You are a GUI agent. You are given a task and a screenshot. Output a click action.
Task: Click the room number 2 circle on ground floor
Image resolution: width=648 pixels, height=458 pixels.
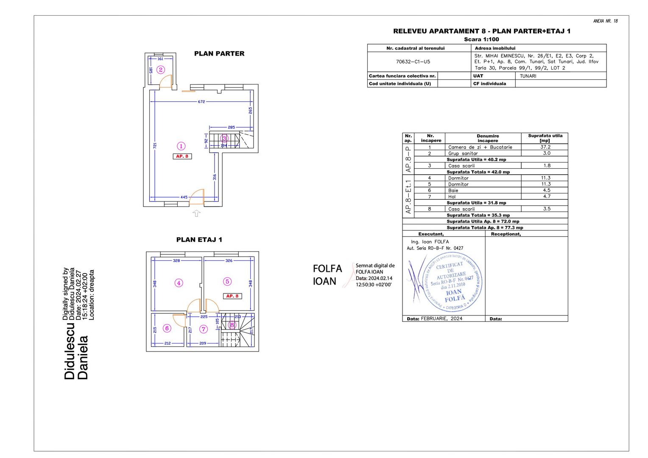[x=160, y=70]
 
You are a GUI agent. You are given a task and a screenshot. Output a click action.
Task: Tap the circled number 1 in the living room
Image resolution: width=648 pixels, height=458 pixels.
[x=181, y=146]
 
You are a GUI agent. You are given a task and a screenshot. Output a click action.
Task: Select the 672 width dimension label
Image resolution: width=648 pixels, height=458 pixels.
[x=201, y=102]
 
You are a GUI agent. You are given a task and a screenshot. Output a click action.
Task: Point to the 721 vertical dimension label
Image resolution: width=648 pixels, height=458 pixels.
[x=155, y=145]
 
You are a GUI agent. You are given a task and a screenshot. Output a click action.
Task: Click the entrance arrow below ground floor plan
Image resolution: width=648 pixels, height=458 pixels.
[x=196, y=213]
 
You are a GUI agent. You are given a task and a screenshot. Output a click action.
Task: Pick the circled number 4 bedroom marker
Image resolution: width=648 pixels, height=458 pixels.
[x=179, y=283]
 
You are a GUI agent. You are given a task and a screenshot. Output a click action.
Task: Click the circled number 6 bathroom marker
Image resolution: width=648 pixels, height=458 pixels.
[x=167, y=328]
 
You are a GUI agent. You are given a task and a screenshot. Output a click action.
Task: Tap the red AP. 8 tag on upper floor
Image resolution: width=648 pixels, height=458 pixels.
[x=232, y=296]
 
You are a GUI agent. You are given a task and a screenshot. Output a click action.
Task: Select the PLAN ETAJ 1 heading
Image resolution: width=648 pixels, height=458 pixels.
[x=199, y=240]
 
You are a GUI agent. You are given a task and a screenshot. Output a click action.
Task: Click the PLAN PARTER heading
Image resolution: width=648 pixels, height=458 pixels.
[x=219, y=53]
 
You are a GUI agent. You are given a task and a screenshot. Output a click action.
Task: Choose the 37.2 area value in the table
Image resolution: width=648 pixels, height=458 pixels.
[x=545, y=147]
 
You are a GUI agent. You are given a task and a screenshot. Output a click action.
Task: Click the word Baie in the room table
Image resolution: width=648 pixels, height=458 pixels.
[x=453, y=190]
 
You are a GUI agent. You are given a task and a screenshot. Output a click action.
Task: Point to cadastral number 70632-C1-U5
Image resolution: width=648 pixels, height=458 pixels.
[x=413, y=61]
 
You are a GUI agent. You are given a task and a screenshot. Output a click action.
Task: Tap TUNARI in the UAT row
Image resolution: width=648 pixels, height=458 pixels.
[x=528, y=76]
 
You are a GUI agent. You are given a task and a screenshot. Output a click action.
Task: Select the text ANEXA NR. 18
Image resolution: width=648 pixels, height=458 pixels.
[x=605, y=21]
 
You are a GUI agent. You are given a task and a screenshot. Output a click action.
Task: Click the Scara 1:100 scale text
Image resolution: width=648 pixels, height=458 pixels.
[x=481, y=39]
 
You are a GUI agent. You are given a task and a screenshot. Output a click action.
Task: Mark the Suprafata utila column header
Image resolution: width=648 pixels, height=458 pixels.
[x=545, y=138]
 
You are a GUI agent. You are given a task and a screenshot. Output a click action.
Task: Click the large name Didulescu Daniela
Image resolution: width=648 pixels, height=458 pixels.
[x=76, y=351]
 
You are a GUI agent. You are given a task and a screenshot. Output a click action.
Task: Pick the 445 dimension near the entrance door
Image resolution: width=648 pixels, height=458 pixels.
[x=184, y=197]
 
